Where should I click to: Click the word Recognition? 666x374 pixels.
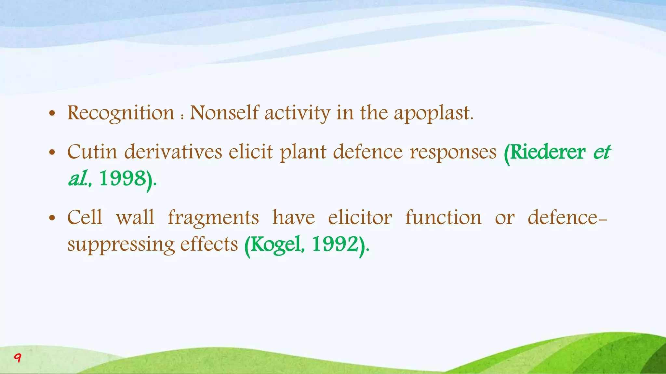121,114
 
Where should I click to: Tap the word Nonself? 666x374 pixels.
224,113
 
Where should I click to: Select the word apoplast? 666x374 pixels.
433,114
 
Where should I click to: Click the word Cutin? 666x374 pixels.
92,152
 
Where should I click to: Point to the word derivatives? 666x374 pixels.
173,152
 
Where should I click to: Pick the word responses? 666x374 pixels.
453,153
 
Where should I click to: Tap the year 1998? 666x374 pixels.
122,179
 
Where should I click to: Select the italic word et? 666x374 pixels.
602,152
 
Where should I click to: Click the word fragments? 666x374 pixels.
213,218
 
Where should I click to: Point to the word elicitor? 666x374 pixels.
360,218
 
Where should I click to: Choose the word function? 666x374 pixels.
443,218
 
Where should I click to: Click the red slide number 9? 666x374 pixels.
18,358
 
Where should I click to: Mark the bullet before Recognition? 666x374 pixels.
52,114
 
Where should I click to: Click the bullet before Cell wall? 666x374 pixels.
52,218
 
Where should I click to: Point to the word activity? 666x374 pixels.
297,114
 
